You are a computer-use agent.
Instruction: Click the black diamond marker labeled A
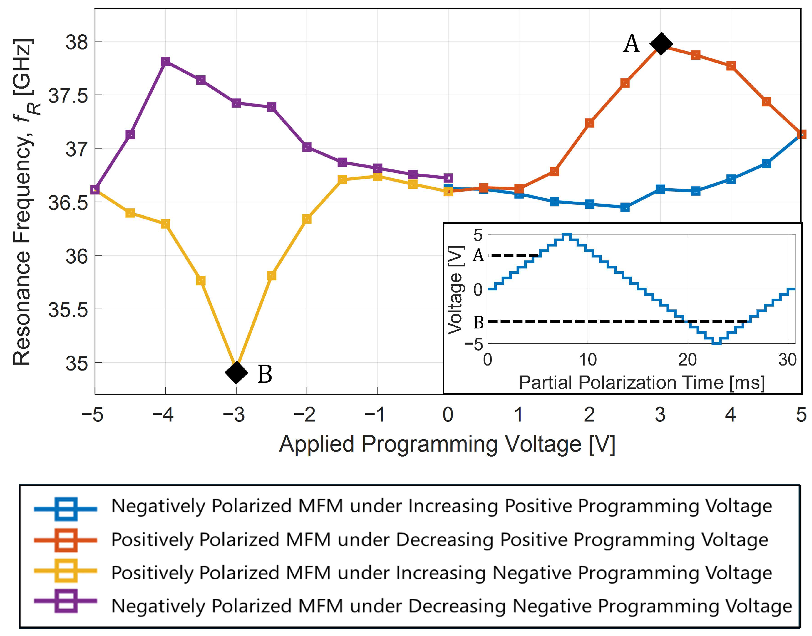pyautogui.click(x=661, y=44)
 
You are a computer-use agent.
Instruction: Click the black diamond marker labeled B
pyautogui.click(x=236, y=372)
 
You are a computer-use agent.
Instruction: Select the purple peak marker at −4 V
pyautogui.click(x=166, y=61)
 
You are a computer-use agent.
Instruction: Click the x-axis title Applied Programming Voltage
pyautogui.click(x=447, y=444)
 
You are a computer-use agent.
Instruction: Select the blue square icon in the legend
pyautogui.click(x=66, y=509)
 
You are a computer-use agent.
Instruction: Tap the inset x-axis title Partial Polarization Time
pyautogui.click(x=642, y=382)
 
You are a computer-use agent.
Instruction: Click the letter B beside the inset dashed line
pyautogui.click(x=479, y=322)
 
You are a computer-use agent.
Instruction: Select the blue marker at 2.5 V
pyautogui.click(x=625, y=207)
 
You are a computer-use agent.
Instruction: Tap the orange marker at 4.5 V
pyautogui.click(x=766, y=102)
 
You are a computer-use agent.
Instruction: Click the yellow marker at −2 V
pyautogui.click(x=307, y=219)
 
